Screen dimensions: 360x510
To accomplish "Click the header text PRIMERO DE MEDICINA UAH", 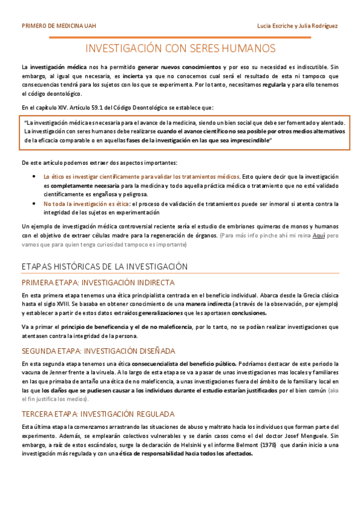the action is (58, 26).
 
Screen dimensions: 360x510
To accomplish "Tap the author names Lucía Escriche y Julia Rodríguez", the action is (297, 26).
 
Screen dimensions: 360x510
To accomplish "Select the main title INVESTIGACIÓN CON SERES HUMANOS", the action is (180, 48).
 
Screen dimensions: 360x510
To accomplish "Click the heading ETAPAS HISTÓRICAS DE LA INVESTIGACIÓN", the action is (105, 266).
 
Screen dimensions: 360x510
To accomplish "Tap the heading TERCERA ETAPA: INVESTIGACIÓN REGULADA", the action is (98, 414).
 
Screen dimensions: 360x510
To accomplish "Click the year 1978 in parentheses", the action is (268, 445).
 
